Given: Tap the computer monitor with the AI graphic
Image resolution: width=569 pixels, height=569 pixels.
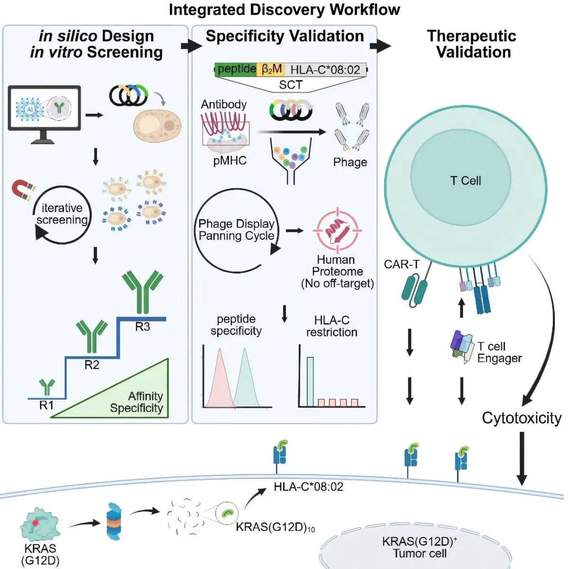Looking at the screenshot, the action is (x=44, y=114).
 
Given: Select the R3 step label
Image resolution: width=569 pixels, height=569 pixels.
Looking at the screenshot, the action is (x=143, y=327).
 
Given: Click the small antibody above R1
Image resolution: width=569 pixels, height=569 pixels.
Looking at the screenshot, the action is (x=47, y=386).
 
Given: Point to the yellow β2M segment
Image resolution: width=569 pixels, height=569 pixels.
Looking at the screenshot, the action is (x=271, y=69).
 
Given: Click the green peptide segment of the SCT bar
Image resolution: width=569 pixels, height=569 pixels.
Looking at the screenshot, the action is (x=236, y=69).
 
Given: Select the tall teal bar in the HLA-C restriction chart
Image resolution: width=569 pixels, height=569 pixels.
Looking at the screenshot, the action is (x=310, y=382).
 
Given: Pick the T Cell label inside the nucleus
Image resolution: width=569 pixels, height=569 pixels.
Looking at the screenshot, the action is (x=466, y=180).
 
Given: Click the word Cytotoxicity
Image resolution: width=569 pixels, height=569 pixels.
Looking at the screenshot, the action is (x=522, y=418).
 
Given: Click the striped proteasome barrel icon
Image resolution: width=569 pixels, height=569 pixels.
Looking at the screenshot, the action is (x=114, y=521).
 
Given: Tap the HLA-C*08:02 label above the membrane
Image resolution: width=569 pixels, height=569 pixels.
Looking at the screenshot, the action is (x=309, y=487).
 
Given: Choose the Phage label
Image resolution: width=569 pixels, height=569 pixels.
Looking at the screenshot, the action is (x=350, y=162).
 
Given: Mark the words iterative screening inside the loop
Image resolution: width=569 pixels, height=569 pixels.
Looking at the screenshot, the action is (x=62, y=214).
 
